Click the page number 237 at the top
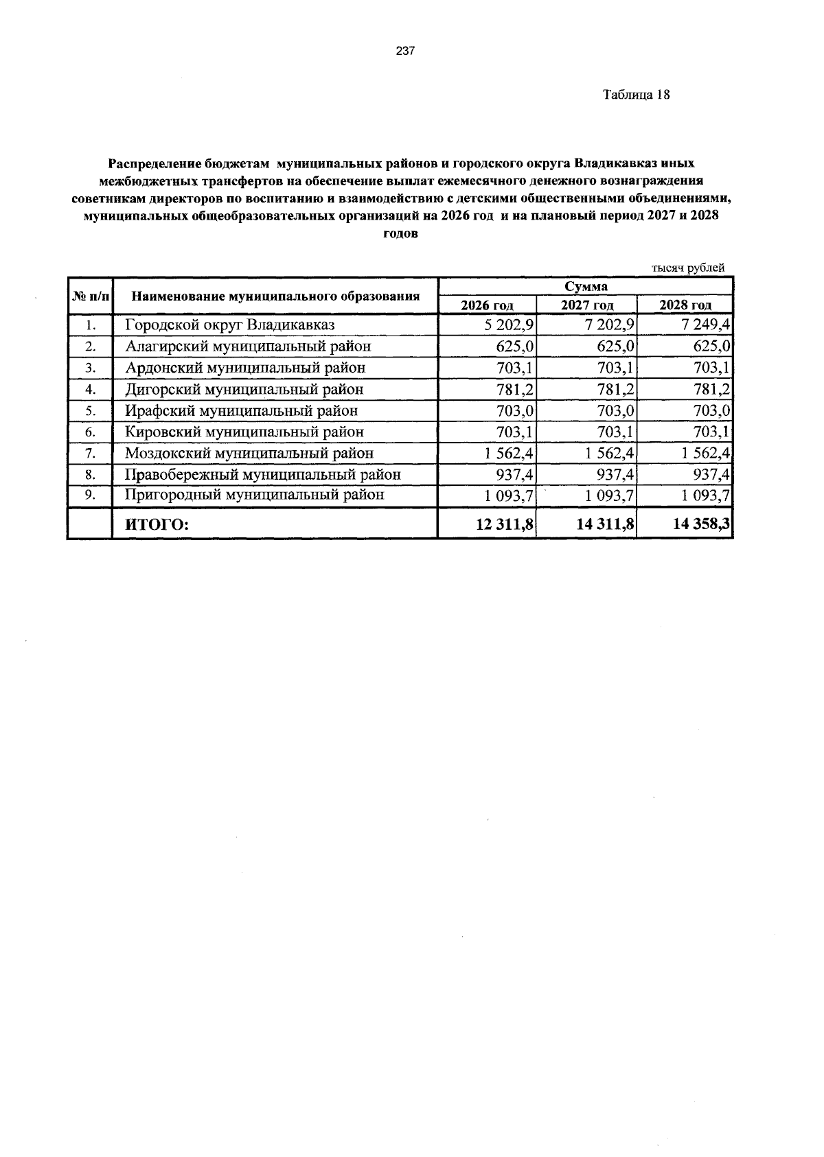405,51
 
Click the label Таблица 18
636,95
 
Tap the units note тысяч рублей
687,268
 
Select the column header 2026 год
487,305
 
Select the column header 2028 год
685,305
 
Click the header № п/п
90,296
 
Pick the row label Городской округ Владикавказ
229,325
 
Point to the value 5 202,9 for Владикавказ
510,325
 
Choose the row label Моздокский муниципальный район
249,453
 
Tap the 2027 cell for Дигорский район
609,389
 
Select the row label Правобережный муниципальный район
262,474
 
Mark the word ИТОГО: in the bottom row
156,525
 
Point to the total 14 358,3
702,525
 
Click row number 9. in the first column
90,495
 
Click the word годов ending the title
400,233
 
